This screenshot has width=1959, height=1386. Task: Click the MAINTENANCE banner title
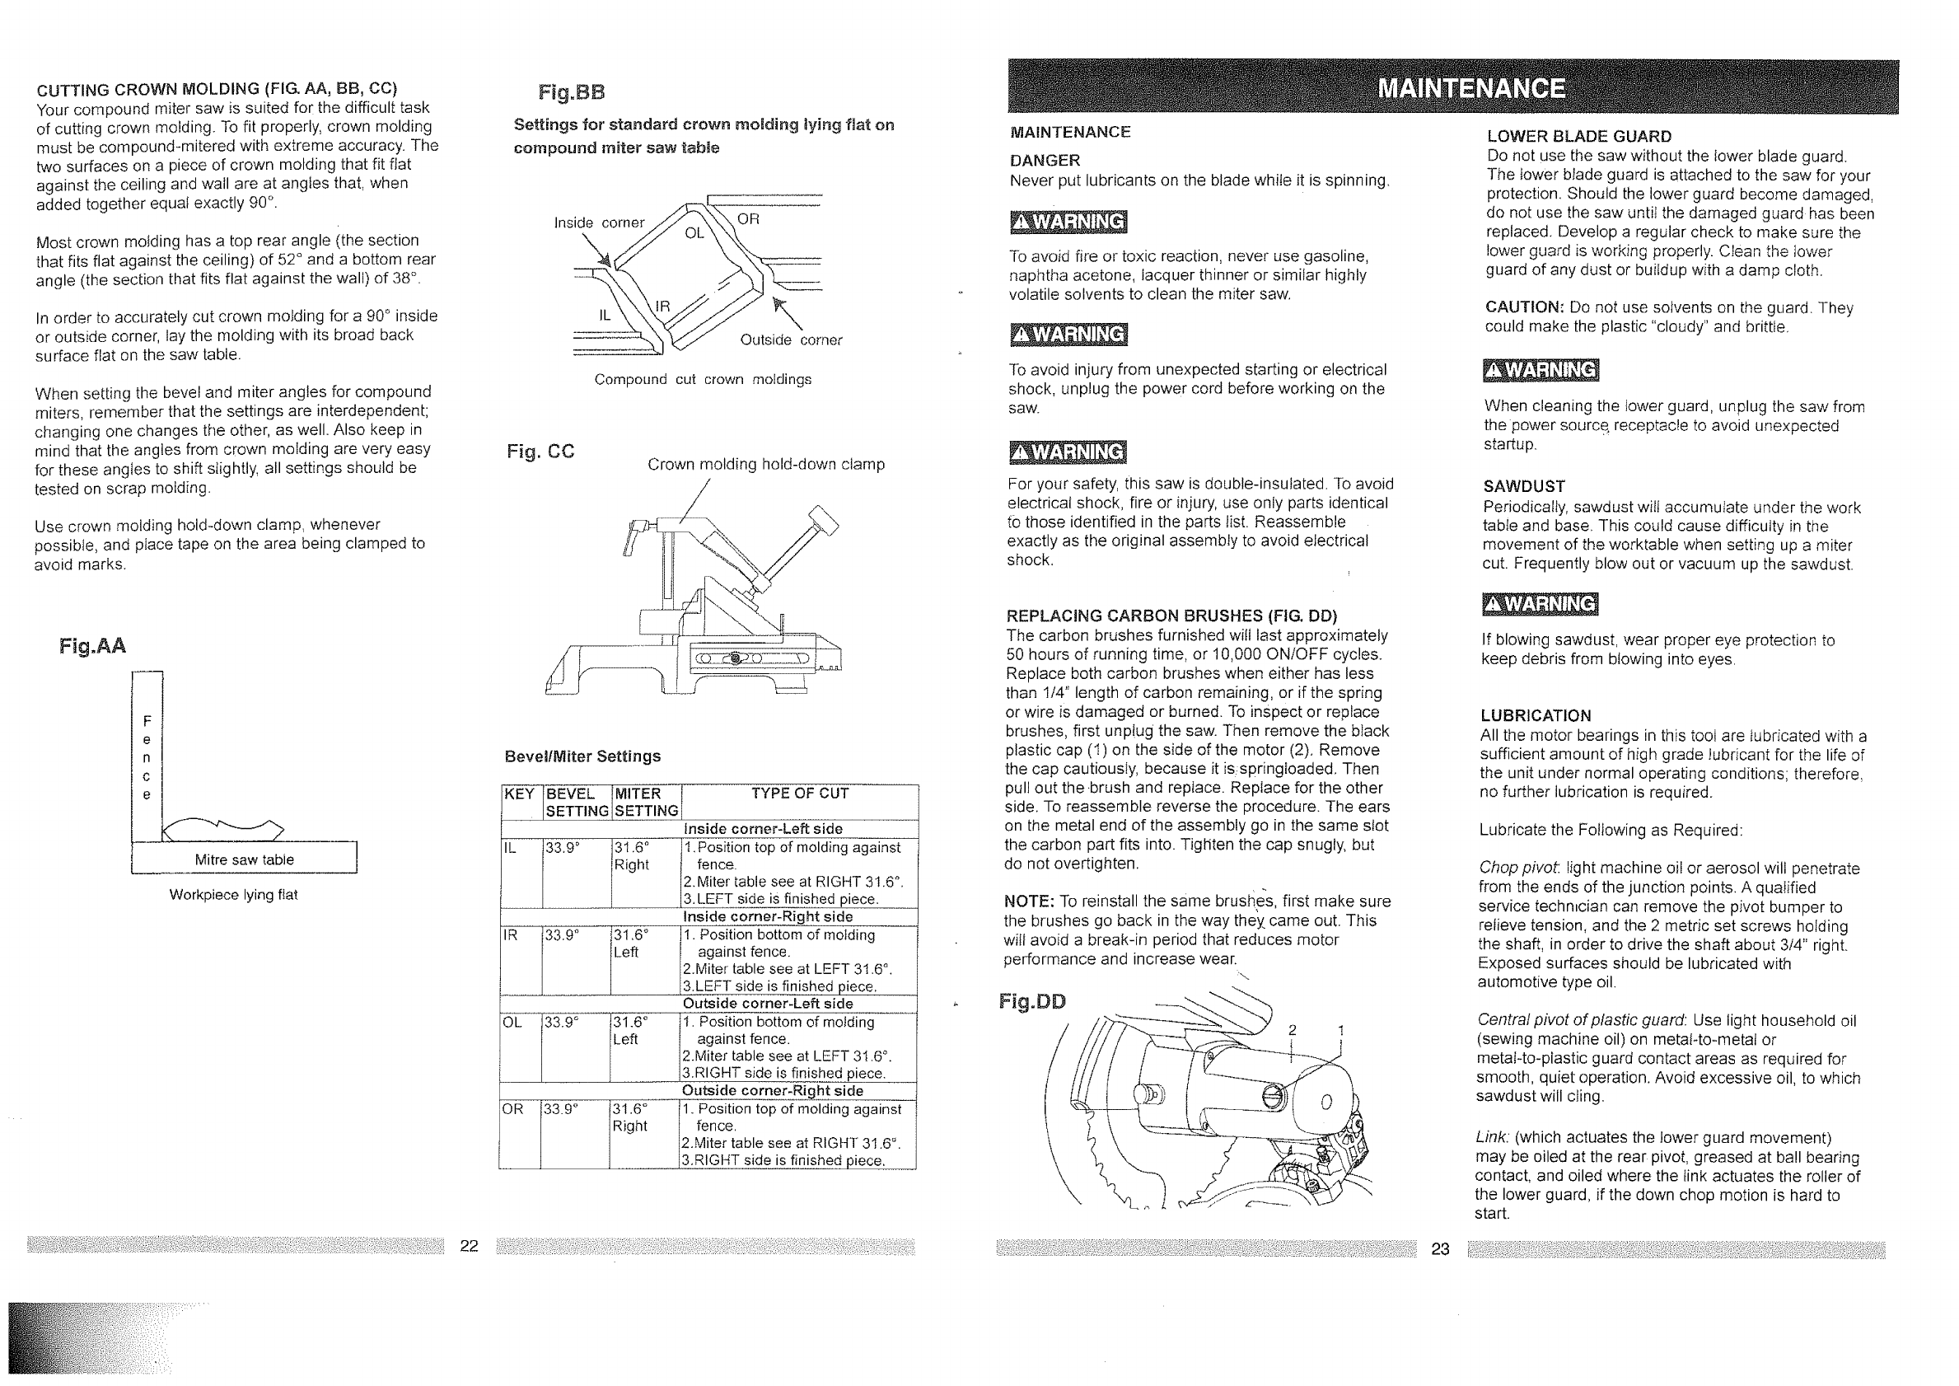click(x=1472, y=89)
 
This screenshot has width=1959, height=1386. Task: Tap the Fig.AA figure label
click(x=93, y=646)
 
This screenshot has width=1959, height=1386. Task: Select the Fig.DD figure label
click(x=1032, y=1001)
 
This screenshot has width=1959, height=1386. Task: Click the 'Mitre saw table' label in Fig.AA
click(x=244, y=859)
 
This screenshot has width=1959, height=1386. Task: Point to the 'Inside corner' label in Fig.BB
click(x=599, y=222)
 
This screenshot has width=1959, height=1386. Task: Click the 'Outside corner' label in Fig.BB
click(x=791, y=339)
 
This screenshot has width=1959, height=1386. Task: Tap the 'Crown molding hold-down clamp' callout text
click(x=765, y=464)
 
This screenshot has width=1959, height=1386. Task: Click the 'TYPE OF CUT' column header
click(x=799, y=794)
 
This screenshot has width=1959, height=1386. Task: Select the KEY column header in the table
click(x=519, y=794)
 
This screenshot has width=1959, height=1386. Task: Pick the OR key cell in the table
click(x=512, y=1109)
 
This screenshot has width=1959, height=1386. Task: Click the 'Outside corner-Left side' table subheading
click(x=768, y=1004)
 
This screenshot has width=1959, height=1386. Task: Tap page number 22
click(x=470, y=1246)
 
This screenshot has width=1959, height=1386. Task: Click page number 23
click(x=1440, y=1249)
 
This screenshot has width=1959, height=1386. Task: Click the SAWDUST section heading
click(x=1524, y=486)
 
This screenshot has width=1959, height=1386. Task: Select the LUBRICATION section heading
click(x=1535, y=716)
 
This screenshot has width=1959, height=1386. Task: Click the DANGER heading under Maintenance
click(x=1045, y=161)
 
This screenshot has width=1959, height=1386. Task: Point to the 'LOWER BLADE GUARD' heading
click(x=1578, y=137)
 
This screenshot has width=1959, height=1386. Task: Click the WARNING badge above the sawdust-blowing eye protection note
click(x=1540, y=604)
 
